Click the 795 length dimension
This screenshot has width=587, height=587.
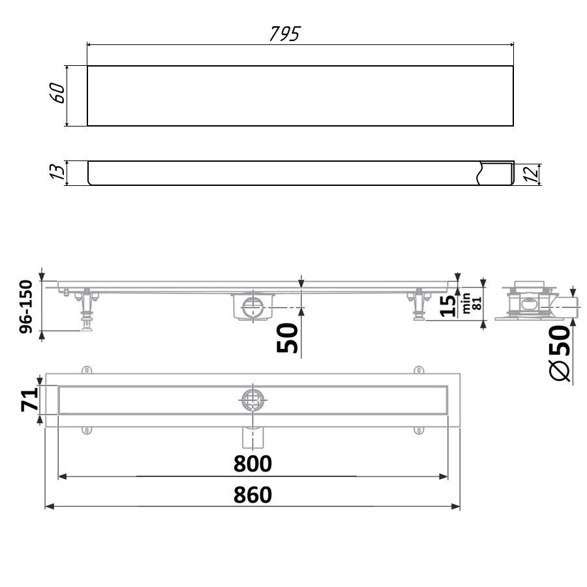[x=285, y=34]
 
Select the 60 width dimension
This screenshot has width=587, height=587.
[x=57, y=93]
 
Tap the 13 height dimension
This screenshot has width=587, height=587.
[x=57, y=172]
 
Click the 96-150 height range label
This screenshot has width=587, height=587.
[x=26, y=306]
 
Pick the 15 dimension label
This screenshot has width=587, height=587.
[x=448, y=305]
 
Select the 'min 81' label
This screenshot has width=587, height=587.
[x=472, y=303]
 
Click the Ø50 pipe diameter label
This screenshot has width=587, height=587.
[x=560, y=353]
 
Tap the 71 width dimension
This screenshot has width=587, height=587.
[x=30, y=400]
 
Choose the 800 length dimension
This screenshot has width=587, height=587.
[x=252, y=464]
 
